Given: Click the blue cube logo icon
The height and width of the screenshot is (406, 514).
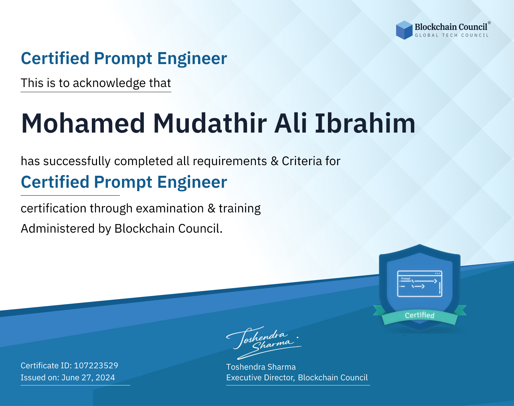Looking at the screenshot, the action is [404, 30].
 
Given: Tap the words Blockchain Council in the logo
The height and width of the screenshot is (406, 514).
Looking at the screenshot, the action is [451, 27].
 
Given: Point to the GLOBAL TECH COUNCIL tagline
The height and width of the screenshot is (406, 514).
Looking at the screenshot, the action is [452, 35].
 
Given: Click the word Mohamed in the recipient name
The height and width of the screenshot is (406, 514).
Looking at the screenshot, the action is [83, 123].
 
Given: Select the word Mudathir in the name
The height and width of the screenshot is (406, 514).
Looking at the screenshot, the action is [210, 123].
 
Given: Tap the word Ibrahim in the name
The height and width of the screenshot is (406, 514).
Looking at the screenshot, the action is [365, 123].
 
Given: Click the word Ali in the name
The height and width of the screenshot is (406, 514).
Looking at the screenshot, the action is [291, 123].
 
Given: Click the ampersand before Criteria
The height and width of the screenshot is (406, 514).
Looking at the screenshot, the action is [274, 161].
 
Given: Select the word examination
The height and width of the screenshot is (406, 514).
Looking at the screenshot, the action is [170, 208].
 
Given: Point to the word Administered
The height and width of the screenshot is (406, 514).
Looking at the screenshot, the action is [58, 228].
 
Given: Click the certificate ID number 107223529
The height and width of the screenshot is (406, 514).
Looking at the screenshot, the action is [96, 365].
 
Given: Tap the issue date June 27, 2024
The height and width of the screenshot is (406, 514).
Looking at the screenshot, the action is [88, 378].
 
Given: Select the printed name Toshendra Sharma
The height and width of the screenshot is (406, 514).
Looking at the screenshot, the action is [261, 367].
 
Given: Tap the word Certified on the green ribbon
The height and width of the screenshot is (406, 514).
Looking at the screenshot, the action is [420, 315].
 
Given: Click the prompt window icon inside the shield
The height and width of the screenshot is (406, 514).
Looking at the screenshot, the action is [420, 284].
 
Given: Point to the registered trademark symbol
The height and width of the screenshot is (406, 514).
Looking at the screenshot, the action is [489, 23].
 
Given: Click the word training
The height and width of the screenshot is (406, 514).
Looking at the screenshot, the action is [240, 209].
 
